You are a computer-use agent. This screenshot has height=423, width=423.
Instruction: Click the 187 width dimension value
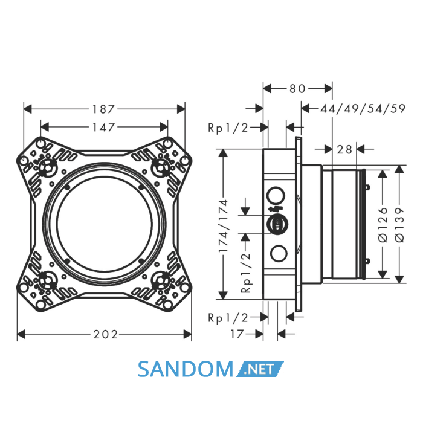[x=103, y=109]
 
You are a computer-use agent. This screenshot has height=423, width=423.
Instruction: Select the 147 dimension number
[x=104, y=127]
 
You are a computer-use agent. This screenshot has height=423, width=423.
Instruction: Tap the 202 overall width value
[x=106, y=335]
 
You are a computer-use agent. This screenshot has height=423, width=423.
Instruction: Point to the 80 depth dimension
[x=297, y=88]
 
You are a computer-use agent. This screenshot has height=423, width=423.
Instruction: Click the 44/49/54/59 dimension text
[x=363, y=108]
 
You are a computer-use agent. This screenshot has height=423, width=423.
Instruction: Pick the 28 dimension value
[x=344, y=149]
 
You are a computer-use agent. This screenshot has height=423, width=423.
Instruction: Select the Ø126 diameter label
[x=383, y=224]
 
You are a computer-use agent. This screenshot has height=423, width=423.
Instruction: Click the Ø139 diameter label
[x=399, y=224]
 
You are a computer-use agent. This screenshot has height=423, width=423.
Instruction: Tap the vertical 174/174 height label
[x=224, y=226]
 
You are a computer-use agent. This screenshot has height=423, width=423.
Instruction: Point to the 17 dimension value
[x=237, y=334]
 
